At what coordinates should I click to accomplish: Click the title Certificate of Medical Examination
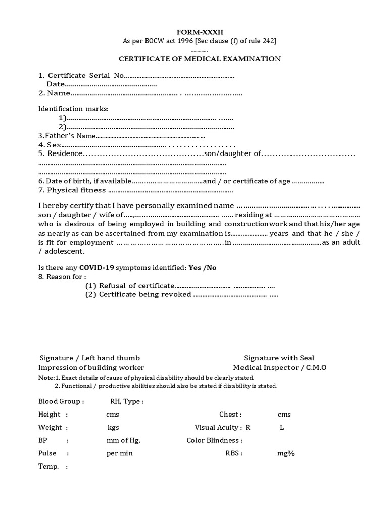coord(200,59)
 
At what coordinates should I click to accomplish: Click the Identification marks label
coord(73,109)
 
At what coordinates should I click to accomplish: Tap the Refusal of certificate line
coord(136,286)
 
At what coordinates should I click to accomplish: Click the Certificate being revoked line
coord(145,294)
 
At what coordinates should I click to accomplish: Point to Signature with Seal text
coord(279,358)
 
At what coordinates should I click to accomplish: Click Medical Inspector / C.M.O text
coord(279,367)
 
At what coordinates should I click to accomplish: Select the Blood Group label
coord(61,402)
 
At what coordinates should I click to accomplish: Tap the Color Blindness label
coord(215,440)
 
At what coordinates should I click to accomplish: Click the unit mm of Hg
coord(123,440)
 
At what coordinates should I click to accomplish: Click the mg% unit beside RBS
coord(285,453)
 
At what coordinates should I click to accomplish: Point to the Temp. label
coord(48,466)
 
